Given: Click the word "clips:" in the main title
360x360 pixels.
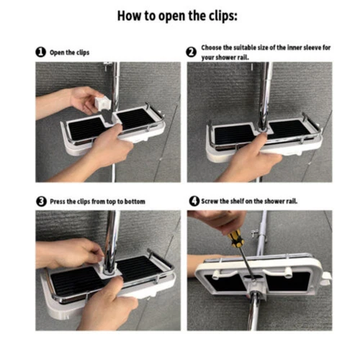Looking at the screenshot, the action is click(x=222, y=16).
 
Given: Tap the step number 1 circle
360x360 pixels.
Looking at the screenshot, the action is click(x=41, y=52).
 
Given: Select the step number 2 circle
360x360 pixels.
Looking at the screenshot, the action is click(x=192, y=52).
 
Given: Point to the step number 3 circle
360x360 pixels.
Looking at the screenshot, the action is click(x=41, y=202).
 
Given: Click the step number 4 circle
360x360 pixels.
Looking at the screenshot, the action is click(x=194, y=201).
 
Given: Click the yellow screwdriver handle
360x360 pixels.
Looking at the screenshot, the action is click(x=235, y=238).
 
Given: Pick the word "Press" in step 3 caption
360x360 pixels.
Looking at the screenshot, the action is click(x=58, y=202).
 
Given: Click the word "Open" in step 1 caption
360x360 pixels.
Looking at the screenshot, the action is click(x=57, y=53).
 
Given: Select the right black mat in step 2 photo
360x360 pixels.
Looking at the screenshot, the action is click(x=289, y=129).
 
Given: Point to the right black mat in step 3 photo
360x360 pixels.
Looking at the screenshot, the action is click(x=138, y=268).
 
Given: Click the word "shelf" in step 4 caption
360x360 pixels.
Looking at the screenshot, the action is click(x=237, y=201).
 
